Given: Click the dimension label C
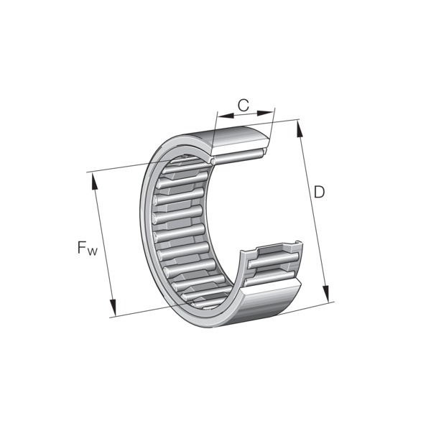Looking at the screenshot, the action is coord(244,106).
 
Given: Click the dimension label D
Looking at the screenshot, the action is coord(319,192).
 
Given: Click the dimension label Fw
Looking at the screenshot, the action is coord(88,248).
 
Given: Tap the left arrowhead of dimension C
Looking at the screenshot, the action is coord(226,116).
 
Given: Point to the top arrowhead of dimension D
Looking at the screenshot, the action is coord(300,129).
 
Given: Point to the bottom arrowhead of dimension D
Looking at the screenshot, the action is coord(326,294).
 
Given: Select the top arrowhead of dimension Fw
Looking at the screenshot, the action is coord(94,181).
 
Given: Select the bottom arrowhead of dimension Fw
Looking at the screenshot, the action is coord(113,307).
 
